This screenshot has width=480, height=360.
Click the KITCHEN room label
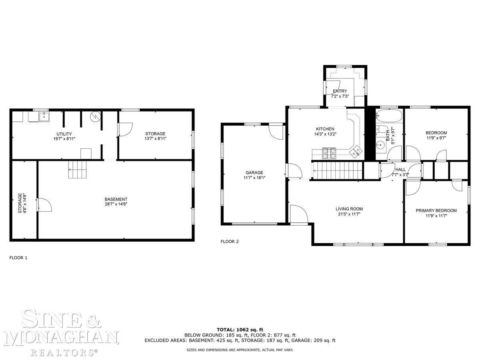coord(325,129)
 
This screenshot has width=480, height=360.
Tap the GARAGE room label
coord(254,173)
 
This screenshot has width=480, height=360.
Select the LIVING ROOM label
coord(349,209)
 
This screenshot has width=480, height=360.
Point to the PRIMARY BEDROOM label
coord(436,210)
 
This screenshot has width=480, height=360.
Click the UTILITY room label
coord(64,134)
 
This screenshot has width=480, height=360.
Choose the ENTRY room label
coord(340,91)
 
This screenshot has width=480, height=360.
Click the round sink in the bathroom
coord(381,145)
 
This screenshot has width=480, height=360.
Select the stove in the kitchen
coord(329,153)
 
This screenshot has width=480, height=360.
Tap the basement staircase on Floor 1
coord(78,170)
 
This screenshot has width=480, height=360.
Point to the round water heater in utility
coord(95,117)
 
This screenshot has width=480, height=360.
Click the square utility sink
coord(44,116)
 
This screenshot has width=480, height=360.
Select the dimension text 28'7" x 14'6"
coord(116,204)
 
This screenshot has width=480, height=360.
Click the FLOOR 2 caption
coord(230,242)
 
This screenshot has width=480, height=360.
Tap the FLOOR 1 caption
coord(18,258)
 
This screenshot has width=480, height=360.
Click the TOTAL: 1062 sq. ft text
coord(240,330)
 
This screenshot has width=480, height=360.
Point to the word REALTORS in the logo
coord(64,352)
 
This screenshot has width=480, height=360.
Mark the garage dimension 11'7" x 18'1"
coord(254,178)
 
